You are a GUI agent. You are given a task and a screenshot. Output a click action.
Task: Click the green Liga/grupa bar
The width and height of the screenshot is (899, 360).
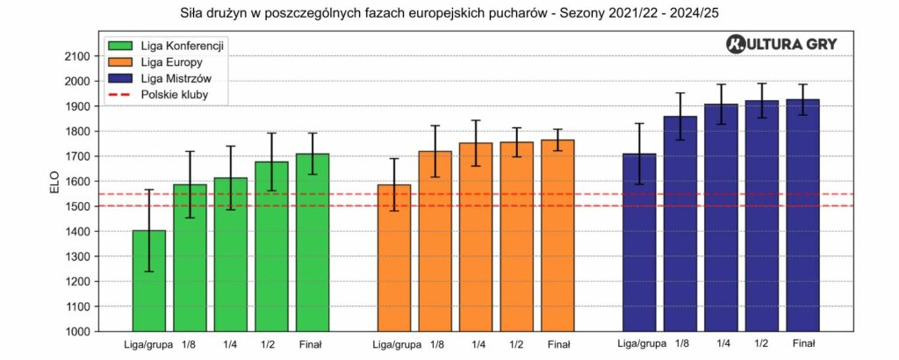pos(149,281)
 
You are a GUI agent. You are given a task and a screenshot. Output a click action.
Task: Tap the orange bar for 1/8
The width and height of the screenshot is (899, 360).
pos(435,241)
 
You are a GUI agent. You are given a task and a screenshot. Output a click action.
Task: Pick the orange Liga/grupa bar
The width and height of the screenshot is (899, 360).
pos(393,258)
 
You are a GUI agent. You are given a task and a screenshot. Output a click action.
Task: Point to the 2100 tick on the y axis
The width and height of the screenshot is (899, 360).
pos(78,56)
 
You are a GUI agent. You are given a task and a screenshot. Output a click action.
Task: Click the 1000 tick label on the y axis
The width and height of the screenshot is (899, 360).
pos(78,332)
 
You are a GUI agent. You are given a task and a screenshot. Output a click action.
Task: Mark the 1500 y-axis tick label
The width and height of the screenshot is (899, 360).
pos(78,206)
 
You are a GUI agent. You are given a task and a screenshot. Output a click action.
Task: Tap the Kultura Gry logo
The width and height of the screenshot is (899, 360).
pos(782,45)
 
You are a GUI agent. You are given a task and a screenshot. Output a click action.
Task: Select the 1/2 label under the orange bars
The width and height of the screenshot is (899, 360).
pos(516,345)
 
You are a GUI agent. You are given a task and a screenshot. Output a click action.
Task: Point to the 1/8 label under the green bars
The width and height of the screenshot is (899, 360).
pos(190,345)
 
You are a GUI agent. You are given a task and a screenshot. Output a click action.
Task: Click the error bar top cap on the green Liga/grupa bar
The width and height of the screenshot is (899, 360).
pos(149,190)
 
